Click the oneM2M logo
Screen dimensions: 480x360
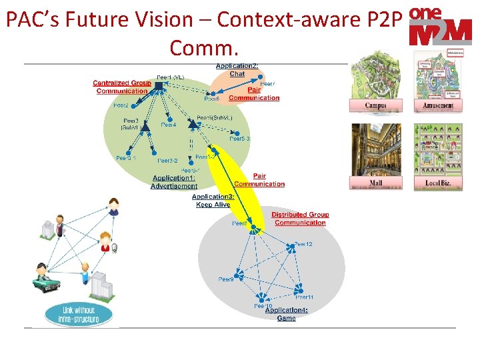pyautogui.click(x=440, y=27)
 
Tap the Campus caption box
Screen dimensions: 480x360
pyautogui.click(x=375, y=105)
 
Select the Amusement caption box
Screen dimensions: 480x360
pyautogui.click(x=438, y=105)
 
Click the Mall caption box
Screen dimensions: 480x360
pyautogui.click(x=375, y=183)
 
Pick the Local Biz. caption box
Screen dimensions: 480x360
pyautogui.click(x=438, y=183)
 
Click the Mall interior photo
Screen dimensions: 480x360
pyautogui.click(x=375, y=149)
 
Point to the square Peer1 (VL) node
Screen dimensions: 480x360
pyautogui.click(x=159, y=85)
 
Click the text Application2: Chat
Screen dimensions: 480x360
pyautogui.click(x=237, y=69)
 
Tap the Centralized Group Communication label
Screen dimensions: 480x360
pyautogui.click(x=122, y=87)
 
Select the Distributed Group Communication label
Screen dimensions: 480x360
pyautogui.click(x=300, y=219)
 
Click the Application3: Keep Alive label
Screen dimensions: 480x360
pyautogui.click(x=213, y=200)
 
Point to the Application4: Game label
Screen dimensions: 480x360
pyautogui.click(x=286, y=314)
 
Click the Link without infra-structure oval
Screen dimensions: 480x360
pyautogui.click(x=78, y=315)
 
